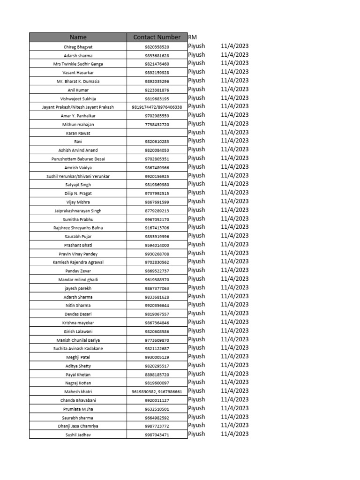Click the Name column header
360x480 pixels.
pyautogui.click(x=78, y=37)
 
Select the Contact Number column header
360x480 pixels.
pyautogui.click(x=157, y=37)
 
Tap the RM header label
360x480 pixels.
pyautogui.click(x=192, y=37)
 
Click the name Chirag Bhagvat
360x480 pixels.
pyautogui.click(x=78, y=46)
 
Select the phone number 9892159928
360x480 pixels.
pyautogui.click(x=157, y=73)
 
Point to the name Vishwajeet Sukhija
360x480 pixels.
pyautogui.click(x=78, y=98)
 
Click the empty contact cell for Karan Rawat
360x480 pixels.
pyautogui.click(x=157, y=133)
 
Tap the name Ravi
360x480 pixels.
pyautogui.click(x=78, y=142)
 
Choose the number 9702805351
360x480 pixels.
pyautogui.click(x=157, y=159)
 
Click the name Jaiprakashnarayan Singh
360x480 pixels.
pyautogui.click(x=78, y=211)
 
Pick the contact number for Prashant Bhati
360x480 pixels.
pyautogui.click(x=157, y=245)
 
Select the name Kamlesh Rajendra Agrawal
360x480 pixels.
pyautogui.click(x=78, y=262)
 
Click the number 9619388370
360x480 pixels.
pyautogui.click(x=157, y=280)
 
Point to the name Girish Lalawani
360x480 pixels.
pyautogui.click(x=78, y=331)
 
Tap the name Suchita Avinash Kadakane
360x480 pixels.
pyautogui.click(x=78, y=349)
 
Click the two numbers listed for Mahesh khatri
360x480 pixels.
pyautogui.click(x=157, y=391)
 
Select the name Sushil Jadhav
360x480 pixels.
pyautogui.click(x=78, y=435)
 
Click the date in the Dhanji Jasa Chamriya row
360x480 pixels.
pyautogui.click(x=234, y=426)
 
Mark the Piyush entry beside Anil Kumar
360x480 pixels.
pyautogui.click(x=196, y=89)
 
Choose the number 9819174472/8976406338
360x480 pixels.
pyautogui.click(x=157, y=107)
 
